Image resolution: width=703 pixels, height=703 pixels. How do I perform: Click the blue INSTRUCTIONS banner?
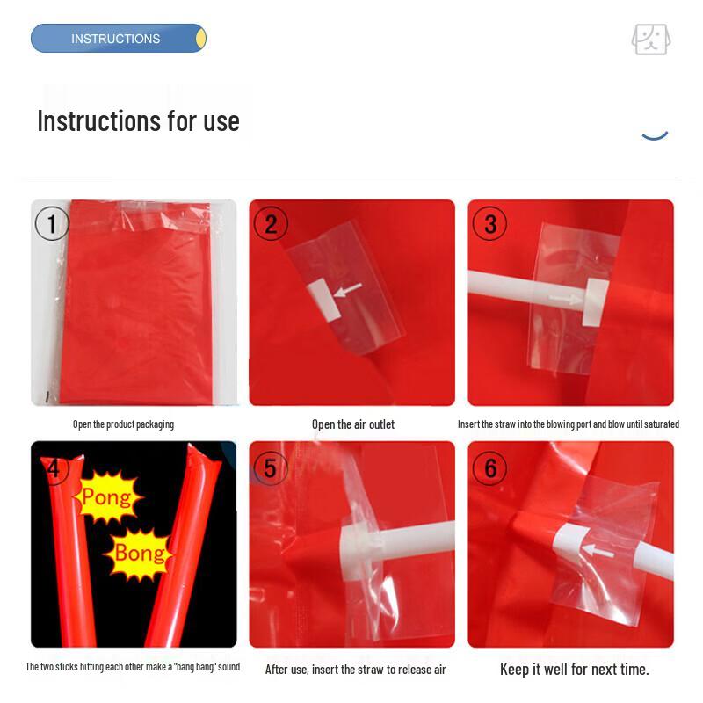118,39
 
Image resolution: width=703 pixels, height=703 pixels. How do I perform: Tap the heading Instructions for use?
138,120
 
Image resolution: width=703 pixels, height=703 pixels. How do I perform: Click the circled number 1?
52,224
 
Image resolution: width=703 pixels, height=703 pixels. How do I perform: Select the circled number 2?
271,224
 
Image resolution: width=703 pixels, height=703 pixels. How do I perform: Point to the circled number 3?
489,224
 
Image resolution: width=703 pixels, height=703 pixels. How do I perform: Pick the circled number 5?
270,467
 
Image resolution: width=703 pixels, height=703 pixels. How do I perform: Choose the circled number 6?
489,467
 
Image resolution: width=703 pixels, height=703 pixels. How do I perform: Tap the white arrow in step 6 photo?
598,551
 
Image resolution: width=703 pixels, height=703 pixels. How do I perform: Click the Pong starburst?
106,498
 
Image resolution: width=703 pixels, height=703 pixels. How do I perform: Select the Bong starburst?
139,553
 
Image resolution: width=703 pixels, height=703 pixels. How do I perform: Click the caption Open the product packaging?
123,424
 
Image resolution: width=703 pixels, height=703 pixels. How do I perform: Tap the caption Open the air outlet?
353,424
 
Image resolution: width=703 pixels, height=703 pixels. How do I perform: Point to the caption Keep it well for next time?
575,670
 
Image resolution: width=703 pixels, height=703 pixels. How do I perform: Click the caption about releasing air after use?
356,670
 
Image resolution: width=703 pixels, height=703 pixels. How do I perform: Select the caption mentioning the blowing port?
569,424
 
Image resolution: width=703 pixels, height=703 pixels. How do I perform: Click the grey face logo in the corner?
651,40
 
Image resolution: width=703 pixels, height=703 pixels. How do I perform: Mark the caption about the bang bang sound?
133,668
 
